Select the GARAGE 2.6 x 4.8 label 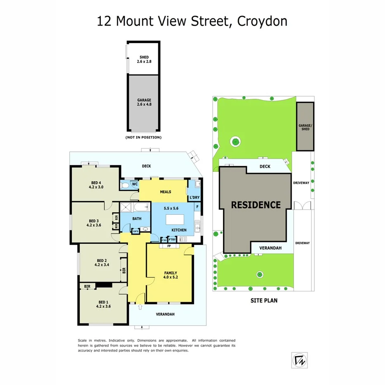pos(144,102)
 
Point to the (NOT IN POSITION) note pos(143,137)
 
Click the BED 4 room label pos(96,185)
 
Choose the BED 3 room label pos(94,223)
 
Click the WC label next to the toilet pos(135,184)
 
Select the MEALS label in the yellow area pos(166,192)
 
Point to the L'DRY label pos(195,198)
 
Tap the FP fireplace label pos(169,246)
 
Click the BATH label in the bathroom pos(137,219)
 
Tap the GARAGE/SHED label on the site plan pos(304,127)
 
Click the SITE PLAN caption pos(264,300)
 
